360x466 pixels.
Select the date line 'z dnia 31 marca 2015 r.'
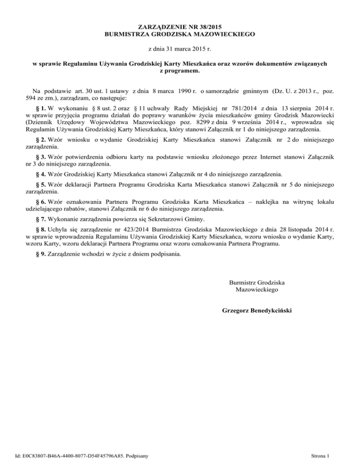pos(180,48)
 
